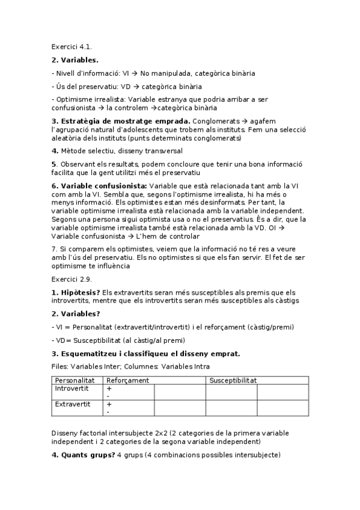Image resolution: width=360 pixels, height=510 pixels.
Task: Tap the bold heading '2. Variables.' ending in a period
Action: click(75, 60)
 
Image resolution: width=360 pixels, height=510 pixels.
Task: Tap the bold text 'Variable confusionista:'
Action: click(99, 186)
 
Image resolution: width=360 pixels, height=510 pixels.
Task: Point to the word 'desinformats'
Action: click(210, 203)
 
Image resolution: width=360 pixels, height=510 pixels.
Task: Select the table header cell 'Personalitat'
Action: click(75, 380)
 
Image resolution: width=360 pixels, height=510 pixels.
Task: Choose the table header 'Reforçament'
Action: click(127, 380)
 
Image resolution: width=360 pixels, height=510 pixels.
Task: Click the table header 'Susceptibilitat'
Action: click(233, 380)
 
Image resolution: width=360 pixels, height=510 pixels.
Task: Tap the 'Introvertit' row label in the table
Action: click(72, 389)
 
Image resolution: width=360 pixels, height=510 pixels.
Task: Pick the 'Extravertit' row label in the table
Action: click(73, 404)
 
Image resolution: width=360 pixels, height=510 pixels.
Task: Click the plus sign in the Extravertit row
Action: click(109, 404)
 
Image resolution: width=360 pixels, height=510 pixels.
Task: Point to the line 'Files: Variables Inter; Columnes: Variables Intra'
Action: click(131, 366)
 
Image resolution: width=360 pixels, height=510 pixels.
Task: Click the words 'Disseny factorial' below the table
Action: click(81, 433)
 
